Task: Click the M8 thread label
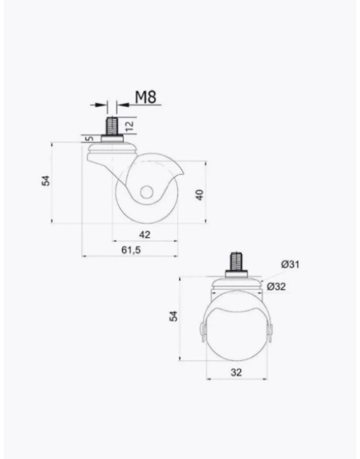pyautogui.click(x=146, y=97)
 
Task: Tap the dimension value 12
pyautogui.click(x=130, y=125)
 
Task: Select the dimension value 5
pyautogui.click(x=90, y=138)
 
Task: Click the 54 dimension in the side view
pyautogui.click(x=46, y=180)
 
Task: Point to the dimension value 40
pyautogui.click(x=199, y=195)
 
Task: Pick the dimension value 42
pyautogui.click(x=145, y=234)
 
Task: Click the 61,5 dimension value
pyautogui.click(x=131, y=250)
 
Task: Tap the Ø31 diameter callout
pyautogui.click(x=290, y=264)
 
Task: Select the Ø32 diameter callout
pyautogui.click(x=276, y=287)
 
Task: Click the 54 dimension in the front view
pyautogui.click(x=174, y=316)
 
